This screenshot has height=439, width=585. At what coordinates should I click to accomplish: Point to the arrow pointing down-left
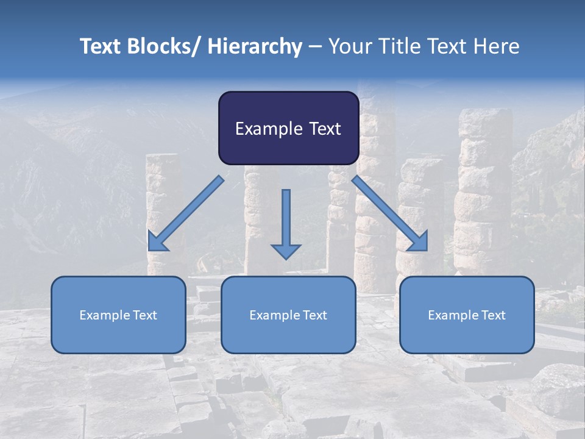tap(186, 213)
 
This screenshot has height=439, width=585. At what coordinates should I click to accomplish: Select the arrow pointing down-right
tap(390, 213)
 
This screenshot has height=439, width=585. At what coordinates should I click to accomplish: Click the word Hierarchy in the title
tap(255, 46)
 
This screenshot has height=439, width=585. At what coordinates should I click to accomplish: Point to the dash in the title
tap(315, 47)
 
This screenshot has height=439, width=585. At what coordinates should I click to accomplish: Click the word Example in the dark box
tap(268, 129)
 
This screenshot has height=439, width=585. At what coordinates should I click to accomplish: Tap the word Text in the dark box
tap(324, 129)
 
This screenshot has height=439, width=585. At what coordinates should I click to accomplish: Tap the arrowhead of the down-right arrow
tap(419, 242)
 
